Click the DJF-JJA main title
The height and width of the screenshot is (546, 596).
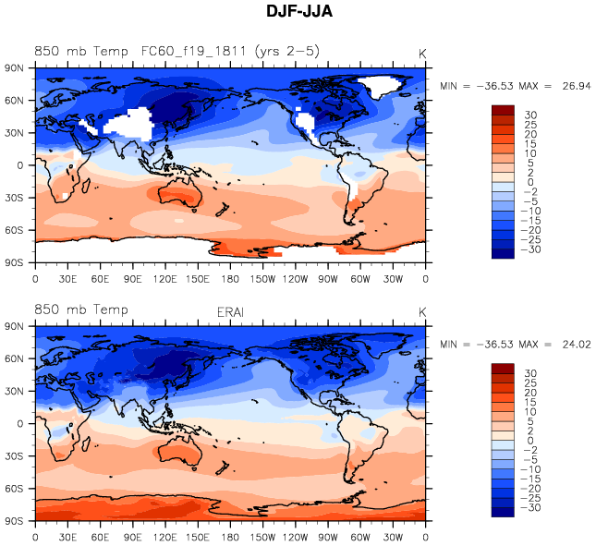coord(298,13)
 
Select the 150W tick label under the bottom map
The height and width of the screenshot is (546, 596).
coord(263,537)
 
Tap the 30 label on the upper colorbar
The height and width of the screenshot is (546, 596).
coord(531,115)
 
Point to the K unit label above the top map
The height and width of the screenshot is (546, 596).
coord(422,54)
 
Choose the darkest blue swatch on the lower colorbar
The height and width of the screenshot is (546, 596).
coord(503,510)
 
